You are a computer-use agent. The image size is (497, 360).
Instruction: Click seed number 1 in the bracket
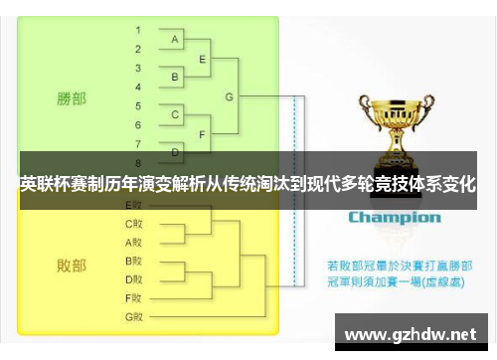pos(138,31)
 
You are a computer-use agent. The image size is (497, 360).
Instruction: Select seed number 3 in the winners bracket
pos(138,68)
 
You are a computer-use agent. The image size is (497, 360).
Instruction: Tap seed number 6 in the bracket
pos(138,123)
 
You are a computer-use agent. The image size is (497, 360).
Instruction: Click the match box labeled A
pos(175,39)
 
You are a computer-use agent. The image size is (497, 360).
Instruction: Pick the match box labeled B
pos(175,77)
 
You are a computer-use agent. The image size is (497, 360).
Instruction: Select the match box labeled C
pos(175,114)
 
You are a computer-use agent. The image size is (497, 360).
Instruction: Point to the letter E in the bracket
pos(203,59)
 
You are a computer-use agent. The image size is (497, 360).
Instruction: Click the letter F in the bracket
pos(203,133)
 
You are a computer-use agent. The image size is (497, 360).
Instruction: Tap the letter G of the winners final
pos(230,96)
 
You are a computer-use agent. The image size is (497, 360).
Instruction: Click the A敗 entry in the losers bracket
pos(134,242)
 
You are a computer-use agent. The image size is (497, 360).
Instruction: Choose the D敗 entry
pos(134,278)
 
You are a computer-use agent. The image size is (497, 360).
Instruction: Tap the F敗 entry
pos(134,297)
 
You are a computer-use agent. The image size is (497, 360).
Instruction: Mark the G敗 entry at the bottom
pos(134,316)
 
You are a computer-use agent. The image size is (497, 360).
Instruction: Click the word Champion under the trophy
pos(394,218)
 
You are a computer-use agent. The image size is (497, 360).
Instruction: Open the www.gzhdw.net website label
pos(410,333)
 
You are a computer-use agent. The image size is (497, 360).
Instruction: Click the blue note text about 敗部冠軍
pos(395,273)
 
